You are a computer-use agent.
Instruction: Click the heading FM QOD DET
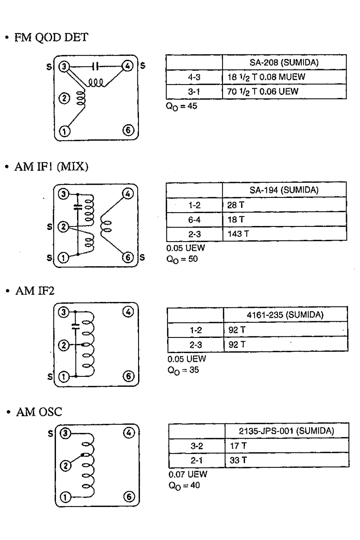pos(51,37)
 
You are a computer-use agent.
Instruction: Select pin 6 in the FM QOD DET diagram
pos(128,130)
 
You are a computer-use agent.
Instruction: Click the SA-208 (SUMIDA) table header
pos(284,62)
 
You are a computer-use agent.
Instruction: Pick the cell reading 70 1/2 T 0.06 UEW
pos(263,91)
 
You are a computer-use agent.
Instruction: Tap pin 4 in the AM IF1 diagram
pos(128,194)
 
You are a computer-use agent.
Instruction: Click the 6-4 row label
pos(194,219)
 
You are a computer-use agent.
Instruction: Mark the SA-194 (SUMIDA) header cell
pos(284,190)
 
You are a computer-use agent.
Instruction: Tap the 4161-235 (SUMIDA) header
pos(285,315)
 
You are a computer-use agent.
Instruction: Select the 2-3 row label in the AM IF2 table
pos(196,344)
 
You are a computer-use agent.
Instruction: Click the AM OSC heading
pos(39,412)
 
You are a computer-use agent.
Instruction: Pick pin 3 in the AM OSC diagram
pos(65,433)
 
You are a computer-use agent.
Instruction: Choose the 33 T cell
pos(238,460)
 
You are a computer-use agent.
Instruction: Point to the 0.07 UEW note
pos(188,474)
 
